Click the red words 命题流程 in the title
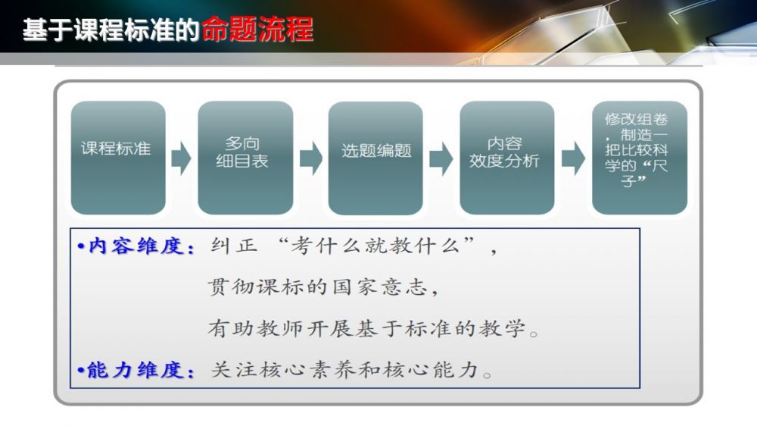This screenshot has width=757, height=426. click(258, 29)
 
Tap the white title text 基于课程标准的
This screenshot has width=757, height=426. click(111, 30)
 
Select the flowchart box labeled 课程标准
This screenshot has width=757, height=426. click(118, 158)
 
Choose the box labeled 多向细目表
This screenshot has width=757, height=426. click(245, 158)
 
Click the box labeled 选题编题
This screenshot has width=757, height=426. click(375, 158)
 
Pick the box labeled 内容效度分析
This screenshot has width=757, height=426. click(507, 158)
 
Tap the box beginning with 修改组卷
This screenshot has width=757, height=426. click(640, 158)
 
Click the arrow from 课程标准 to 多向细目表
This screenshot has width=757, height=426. click(182, 158)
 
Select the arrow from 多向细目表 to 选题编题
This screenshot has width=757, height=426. click(311, 158)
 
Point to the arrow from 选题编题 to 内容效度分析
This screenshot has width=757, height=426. click(441, 158)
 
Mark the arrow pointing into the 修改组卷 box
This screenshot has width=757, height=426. click(574, 158)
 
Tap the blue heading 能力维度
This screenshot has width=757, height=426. click(141, 371)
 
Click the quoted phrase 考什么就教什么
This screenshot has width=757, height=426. click(375, 246)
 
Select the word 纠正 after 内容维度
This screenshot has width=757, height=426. click(234, 246)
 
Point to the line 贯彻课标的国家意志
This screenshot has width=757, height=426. click(322, 287)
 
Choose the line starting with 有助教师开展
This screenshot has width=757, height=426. click(372, 329)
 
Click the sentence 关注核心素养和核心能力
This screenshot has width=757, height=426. click(351, 370)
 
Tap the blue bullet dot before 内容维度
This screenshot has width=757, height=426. click(81, 247)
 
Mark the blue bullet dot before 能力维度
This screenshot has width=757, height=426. click(81, 371)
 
